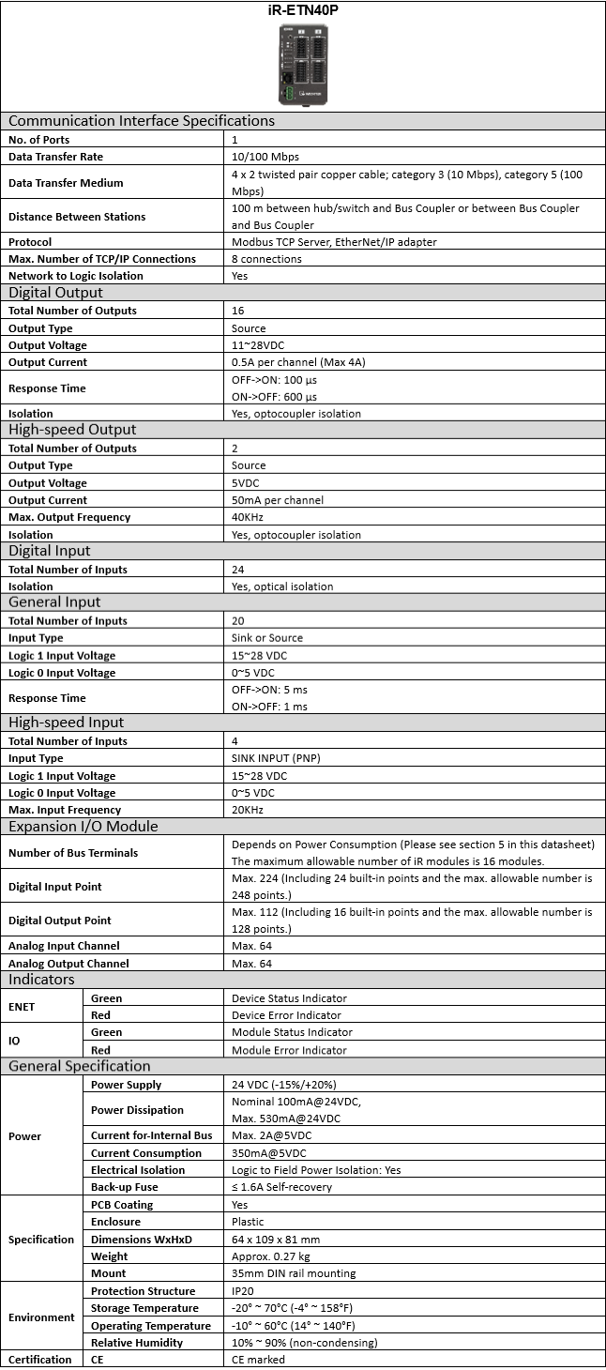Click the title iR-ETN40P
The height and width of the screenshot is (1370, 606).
click(303, 11)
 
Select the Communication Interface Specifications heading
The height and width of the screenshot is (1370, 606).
click(142, 120)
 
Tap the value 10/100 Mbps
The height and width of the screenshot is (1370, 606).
click(265, 157)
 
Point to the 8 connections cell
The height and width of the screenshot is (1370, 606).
click(266, 259)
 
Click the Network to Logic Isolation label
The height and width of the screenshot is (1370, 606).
click(76, 276)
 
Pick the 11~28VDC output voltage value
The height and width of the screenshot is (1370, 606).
click(259, 345)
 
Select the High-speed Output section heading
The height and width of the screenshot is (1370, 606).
click(72, 430)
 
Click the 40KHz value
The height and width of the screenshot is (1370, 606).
click(248, 517)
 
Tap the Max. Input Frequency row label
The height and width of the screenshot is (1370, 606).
click(65, 810)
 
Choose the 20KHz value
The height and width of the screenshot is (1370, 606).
click(248, 810)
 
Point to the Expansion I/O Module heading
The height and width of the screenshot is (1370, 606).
click(83, 827)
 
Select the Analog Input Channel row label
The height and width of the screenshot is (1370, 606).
click(64, 946)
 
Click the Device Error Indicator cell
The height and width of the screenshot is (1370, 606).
click(286, 1015)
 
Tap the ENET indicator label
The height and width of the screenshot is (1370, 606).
click(22, 1007)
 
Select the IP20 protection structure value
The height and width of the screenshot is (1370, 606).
click(244, 1291)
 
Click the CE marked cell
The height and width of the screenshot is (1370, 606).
click(258, 1360)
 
